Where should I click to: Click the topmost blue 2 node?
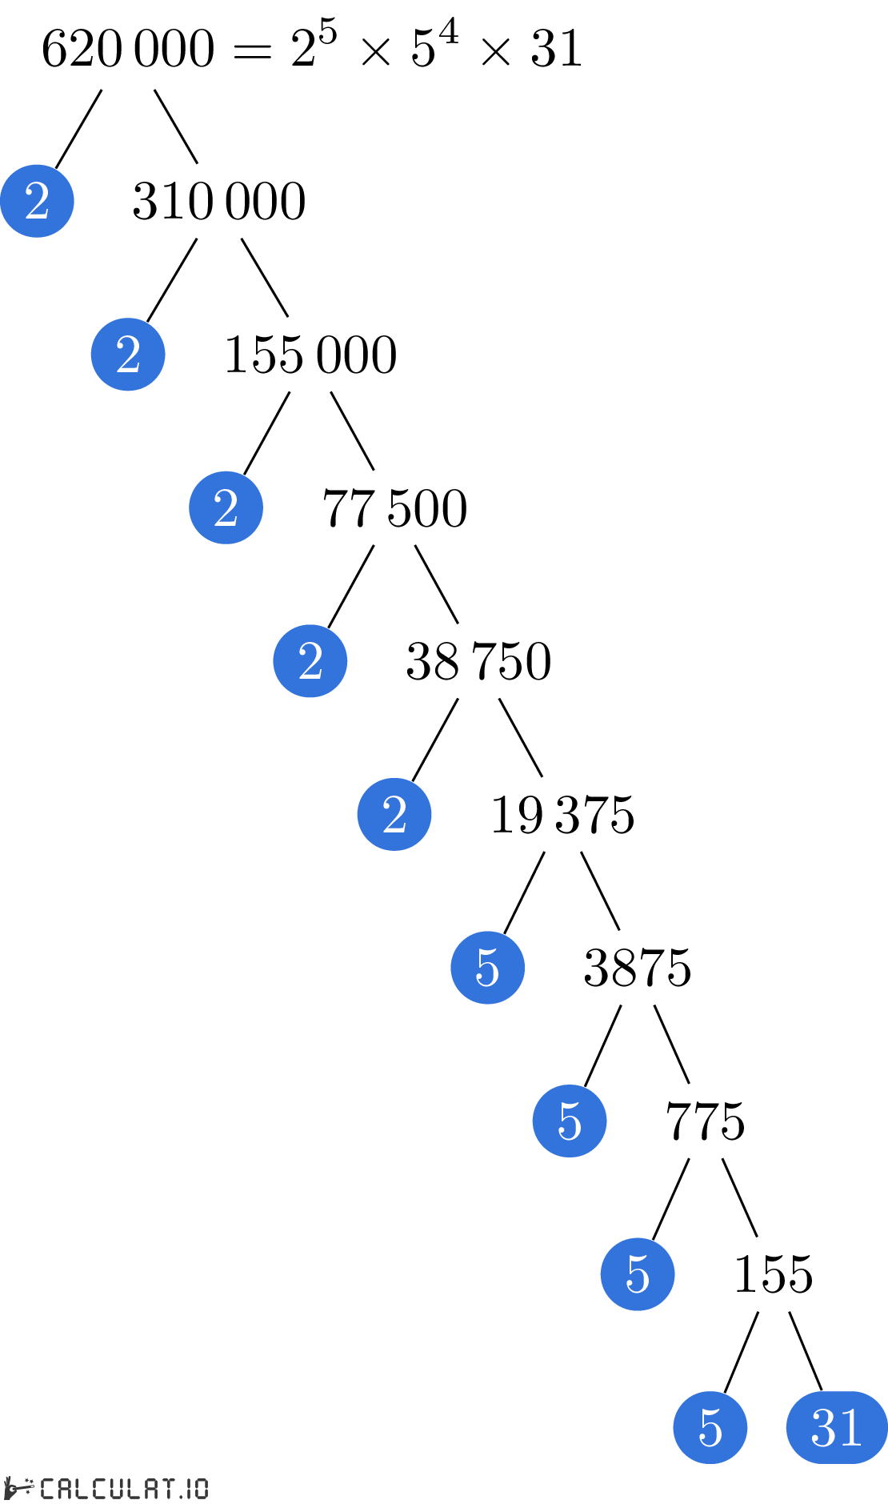[37, 201]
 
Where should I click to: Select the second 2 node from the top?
[128, 355]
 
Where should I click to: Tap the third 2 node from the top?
[226, 507]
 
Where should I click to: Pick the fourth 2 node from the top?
[310, 661]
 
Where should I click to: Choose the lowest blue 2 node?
[394, 814]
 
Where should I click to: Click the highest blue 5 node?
[487, 968]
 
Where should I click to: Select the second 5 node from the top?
[570, 1121]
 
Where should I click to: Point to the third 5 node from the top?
[638, 1274]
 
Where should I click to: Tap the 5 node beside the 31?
[710, 1427]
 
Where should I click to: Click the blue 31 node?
[837, 1427]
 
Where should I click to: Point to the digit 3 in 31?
[823, 1427]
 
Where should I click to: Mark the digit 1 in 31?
[850, 1427]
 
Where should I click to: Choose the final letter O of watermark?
[201, 1489]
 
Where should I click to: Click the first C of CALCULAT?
[48, 1489]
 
